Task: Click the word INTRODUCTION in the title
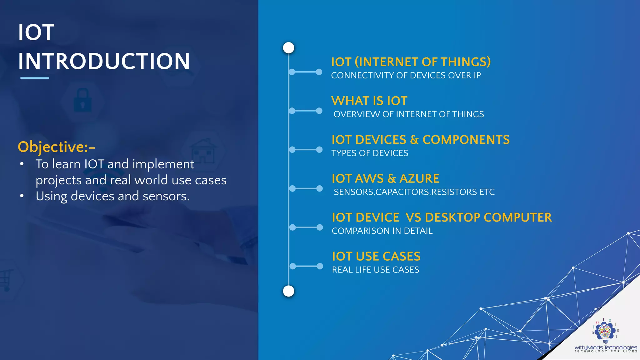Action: coord(104,61)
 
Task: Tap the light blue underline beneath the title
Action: coord(35,78)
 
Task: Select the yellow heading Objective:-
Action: coord(56,147)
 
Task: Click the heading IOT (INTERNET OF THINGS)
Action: coord(411,62)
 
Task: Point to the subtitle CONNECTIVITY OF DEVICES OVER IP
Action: coord(406,76)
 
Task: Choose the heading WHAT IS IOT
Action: coord(369,101)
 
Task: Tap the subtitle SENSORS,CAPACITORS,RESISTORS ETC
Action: coord(414,192)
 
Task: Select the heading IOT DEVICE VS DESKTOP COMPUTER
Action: coord(442,217)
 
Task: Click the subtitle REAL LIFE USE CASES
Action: coord(375,270)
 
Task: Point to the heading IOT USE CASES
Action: coord(376,257)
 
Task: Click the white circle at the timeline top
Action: coord(288,48)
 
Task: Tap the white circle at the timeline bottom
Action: coord(288,291)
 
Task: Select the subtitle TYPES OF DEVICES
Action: coord(370,153)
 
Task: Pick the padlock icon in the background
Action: coord(82,101)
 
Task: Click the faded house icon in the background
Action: coord(203,152)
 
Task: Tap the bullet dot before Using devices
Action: coord(22,196)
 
